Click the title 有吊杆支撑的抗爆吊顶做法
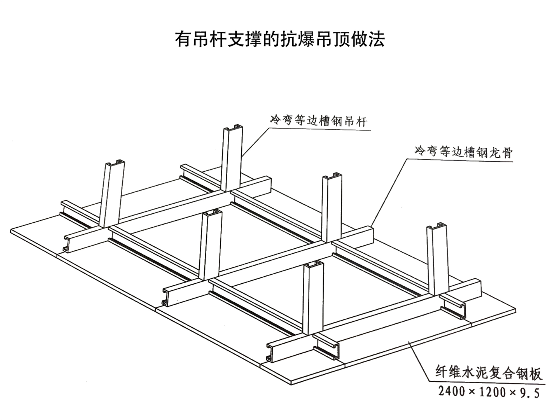point(280,39)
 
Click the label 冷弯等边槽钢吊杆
point(319,121)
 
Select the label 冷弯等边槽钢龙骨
point(463,152)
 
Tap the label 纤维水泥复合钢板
point(489,373)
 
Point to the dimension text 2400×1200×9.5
point(489,392)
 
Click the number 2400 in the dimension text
point(452,391)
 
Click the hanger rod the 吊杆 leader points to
point(232,160)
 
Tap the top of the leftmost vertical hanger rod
point(115,163)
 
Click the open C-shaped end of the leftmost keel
point(67,244)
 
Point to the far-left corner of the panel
point(12,231)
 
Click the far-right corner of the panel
point(515,310)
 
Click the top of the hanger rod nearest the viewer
point(313,265)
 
